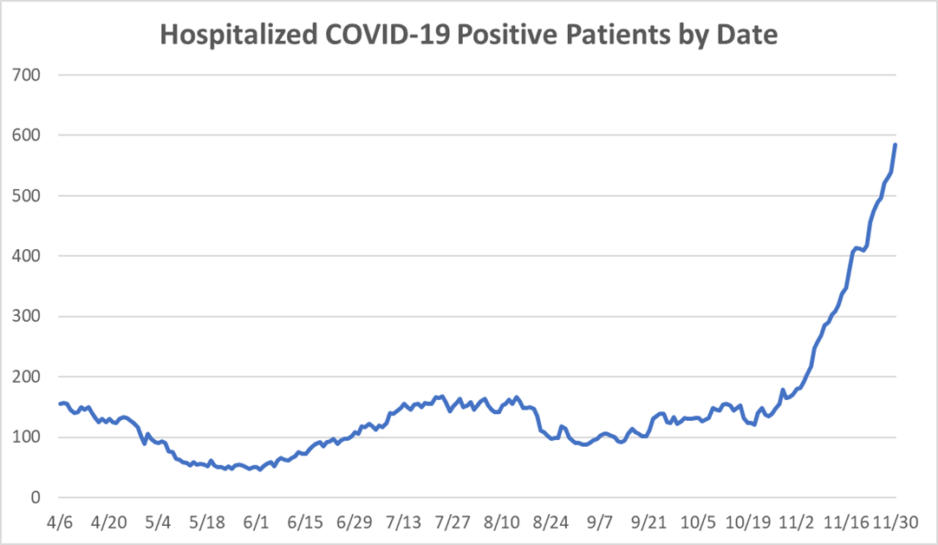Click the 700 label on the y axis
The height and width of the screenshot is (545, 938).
27,75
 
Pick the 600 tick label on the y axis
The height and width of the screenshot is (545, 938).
27,135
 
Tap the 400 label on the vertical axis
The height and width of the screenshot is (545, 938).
27,256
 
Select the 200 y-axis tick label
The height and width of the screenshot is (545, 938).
27,377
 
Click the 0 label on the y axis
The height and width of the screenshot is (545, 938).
36,497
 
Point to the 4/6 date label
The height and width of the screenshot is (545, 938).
60,523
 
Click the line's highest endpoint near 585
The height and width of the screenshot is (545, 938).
896,145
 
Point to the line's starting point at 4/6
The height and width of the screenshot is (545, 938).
60,404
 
